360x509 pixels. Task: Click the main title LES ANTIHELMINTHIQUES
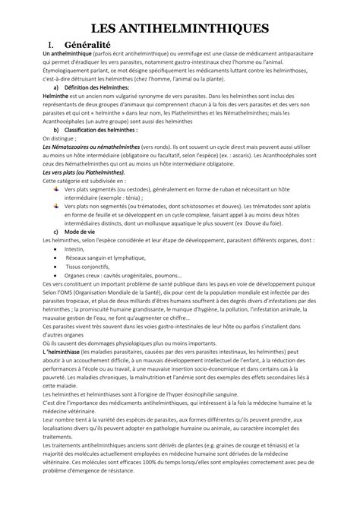180,29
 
